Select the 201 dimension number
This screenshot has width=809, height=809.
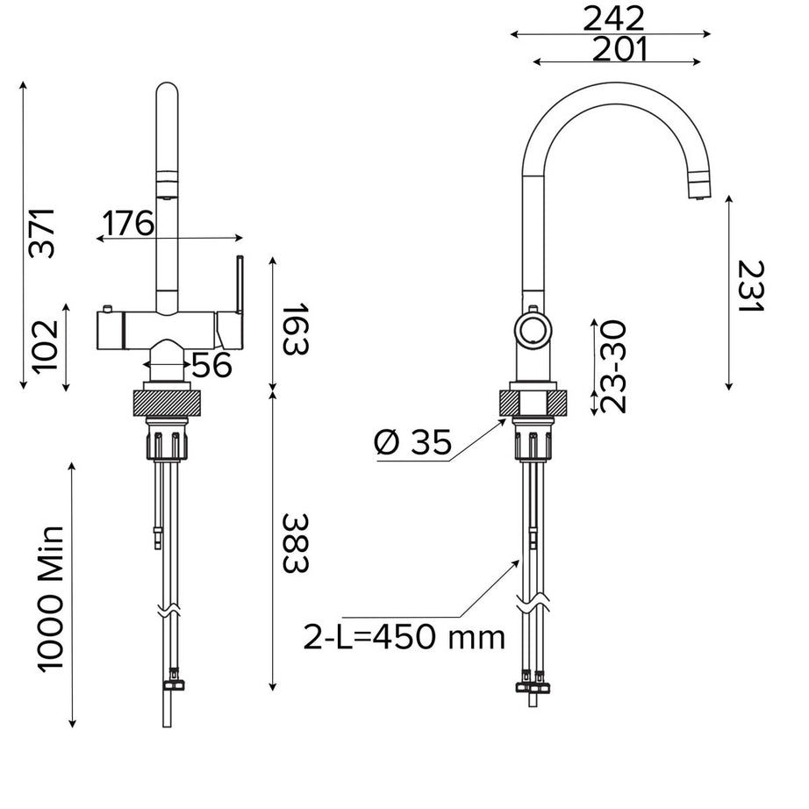[x=619, y=50]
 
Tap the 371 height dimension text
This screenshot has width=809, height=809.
[x=42, y=233]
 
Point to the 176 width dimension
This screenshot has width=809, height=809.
[x=126, y=224]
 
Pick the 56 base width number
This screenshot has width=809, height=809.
[x=211, y=365]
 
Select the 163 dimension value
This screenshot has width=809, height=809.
[x=296, y=328]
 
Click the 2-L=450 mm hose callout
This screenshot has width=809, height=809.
[x=404, y=636]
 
